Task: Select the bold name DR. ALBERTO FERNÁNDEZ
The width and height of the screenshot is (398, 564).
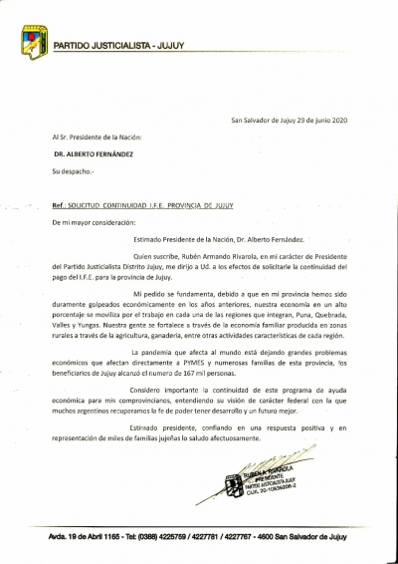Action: click(x=96, y=154)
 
